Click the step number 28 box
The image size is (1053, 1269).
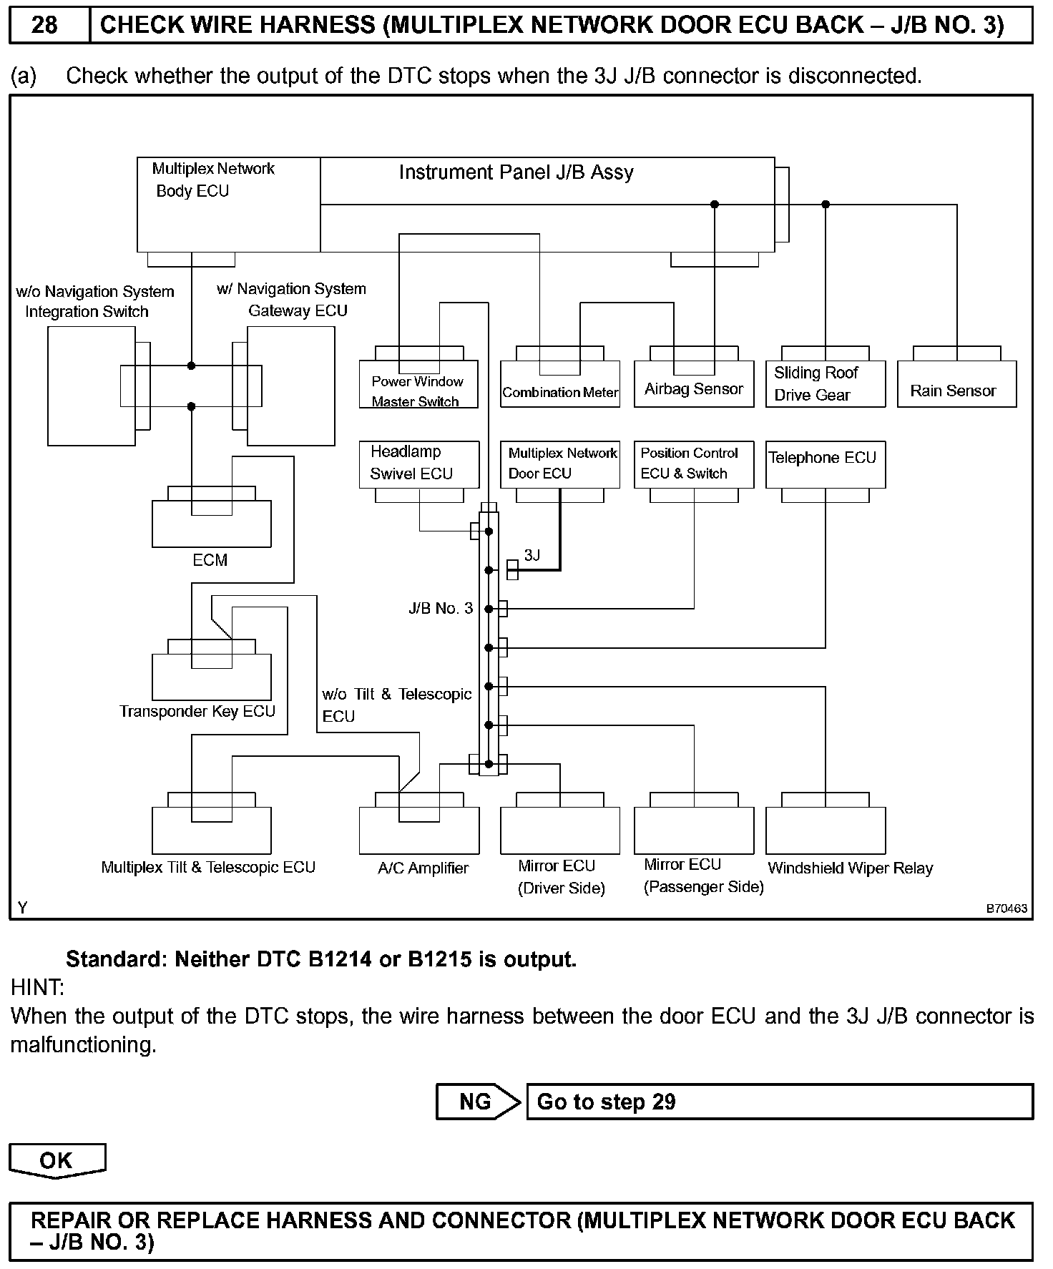tap(46, 25)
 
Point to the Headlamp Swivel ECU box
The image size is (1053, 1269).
tap(418, 464)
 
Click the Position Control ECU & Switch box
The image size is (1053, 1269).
tap(694, 464)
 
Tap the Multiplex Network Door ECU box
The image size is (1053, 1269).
tap(560, 464)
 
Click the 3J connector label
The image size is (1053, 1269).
tap(532, 555)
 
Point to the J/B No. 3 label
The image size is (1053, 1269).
tap(441, 609)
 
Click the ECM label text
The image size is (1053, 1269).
tap(210, 560)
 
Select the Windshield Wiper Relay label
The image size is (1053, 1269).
tap(851, 868)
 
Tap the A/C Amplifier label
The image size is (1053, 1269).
tap(423, 868)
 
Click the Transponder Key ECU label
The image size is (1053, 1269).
tap(197, 712)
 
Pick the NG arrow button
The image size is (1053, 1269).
tap(478, 1102)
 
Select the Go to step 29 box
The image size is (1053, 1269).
tap(779, 1102)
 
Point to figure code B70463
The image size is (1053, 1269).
tap(1007, 909)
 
